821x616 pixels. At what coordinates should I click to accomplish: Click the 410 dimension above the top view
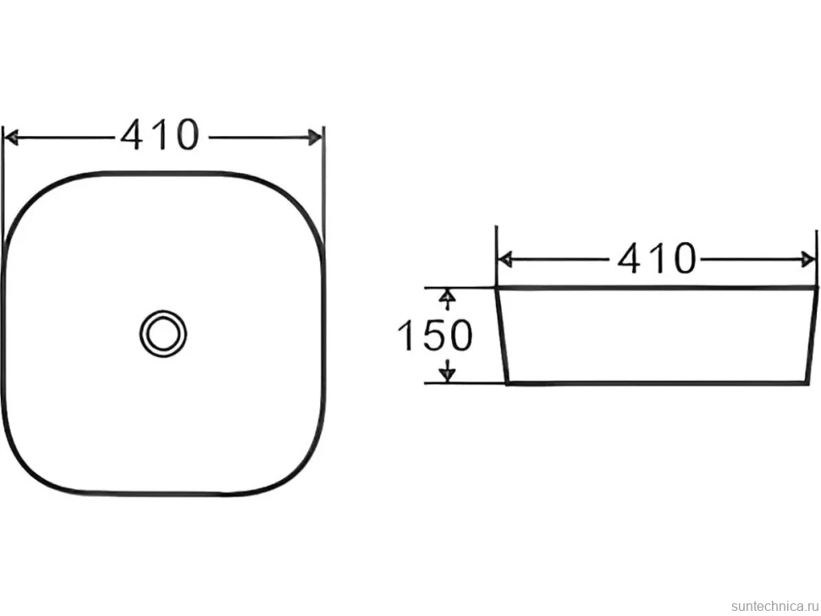[160, 135]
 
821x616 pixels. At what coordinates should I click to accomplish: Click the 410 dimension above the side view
[657, 258]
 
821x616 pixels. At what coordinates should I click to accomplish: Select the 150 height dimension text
[435, 335]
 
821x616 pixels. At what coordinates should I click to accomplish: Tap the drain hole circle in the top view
[163, 333]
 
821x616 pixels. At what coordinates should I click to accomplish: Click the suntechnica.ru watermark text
[774, 606]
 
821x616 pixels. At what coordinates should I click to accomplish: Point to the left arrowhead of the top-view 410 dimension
[10, 138]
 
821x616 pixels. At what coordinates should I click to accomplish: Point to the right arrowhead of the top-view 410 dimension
[315, 138]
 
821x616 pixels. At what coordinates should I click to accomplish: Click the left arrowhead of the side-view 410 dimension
[504, 259]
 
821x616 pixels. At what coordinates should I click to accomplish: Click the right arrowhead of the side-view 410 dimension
[808, 259]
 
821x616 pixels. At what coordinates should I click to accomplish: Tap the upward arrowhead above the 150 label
[446, 297]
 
